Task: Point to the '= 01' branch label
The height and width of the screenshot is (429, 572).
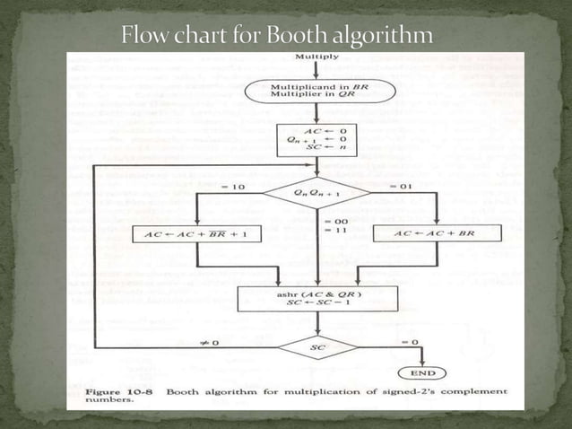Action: [x=399, y=186]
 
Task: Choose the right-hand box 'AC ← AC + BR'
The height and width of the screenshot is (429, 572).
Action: [x=435, y=234]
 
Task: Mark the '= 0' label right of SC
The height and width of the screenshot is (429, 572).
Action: [x=408, y=342]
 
